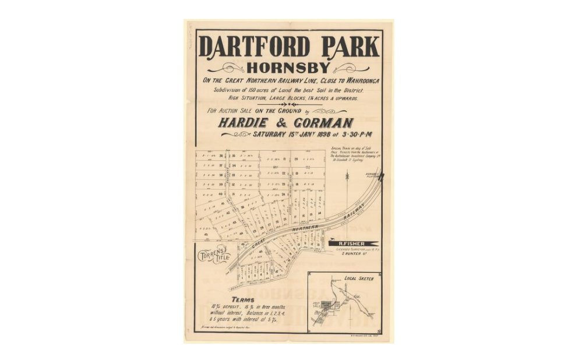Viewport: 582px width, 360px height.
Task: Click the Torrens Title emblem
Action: [214, 256]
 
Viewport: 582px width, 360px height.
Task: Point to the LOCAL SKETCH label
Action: [359, 278]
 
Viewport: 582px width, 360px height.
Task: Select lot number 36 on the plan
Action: [221, 156]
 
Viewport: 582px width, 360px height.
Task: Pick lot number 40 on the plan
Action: [221, 194]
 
